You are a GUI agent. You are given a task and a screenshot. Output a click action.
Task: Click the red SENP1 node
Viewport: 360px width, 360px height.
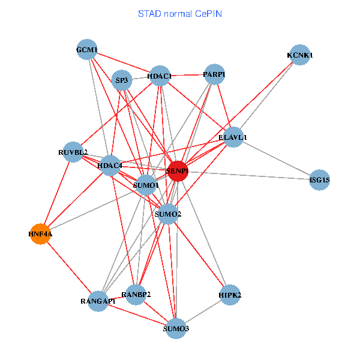pyautogui.click(x=178, y=171)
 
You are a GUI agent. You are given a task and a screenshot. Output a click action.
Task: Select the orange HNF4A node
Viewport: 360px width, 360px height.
pyautogui.click(x=40, y=233)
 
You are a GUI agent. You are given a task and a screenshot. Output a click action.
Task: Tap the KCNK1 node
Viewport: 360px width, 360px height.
pyautogui.click(x=299, y=55)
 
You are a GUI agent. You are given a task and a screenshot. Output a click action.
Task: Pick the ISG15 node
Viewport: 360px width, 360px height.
pyautogui.click(x=320, y=179)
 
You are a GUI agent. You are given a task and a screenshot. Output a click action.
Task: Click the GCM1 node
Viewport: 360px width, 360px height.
pyautogui.click(x=87, y=49)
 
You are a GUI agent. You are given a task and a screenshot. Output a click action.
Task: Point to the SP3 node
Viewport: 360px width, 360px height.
pyautogui.click(x=122, y=80)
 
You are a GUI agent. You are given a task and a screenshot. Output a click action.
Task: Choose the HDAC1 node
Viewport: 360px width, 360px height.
pyautogui.click(x=160, y=76)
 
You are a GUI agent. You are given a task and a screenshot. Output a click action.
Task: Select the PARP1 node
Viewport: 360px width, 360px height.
pyautogui.click(x=214, y=74)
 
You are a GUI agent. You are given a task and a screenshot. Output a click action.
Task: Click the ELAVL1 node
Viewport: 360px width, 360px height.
pyautogui.click(x=233, y=137)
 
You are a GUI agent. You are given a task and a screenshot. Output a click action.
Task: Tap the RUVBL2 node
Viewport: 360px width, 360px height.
pyautogui.click(x=73, y=152)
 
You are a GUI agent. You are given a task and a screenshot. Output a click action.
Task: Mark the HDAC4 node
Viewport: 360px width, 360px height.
pyautogui.click(x=110, y=165)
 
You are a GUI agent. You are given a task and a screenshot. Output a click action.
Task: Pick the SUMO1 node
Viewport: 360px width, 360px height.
pyautogui.click(x=146, y=185)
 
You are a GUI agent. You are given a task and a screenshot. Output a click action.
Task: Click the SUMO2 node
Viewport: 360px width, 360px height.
pyautogui.click(x=168, y=214)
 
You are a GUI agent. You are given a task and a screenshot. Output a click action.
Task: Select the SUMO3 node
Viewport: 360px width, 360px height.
pyautogui.click(x=176, y=328)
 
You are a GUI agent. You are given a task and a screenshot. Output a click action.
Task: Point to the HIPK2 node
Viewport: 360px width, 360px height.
pyautogui.click(x=230, y=295)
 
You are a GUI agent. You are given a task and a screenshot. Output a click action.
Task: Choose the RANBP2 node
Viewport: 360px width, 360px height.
pyautogui.click(x=136, y=294)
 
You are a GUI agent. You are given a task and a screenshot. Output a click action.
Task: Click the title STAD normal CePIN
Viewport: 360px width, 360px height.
pyautogui.click(x=180, y=13)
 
